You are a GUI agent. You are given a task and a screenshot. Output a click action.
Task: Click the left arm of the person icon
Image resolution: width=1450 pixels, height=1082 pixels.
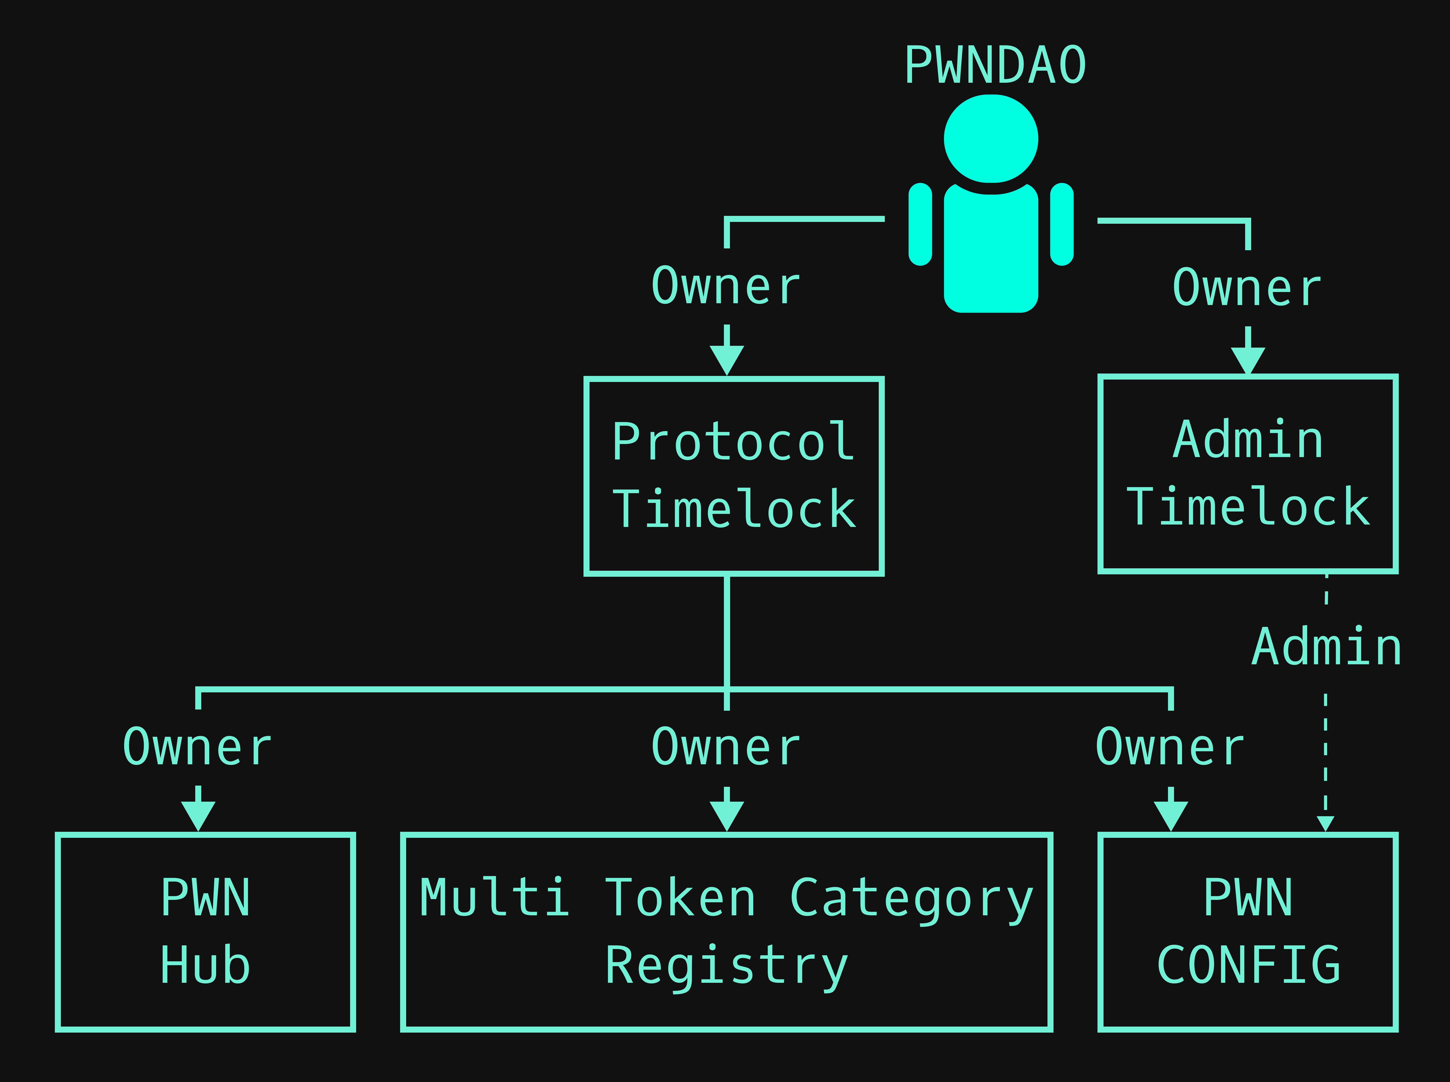(920, 224)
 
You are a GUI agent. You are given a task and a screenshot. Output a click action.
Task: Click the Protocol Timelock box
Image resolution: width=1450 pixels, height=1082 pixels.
(734, 476)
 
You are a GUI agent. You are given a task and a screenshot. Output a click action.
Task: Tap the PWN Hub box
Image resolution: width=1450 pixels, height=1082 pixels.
(205, 932)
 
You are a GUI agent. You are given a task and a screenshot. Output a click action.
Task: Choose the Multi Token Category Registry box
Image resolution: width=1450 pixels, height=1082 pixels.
(726, 932)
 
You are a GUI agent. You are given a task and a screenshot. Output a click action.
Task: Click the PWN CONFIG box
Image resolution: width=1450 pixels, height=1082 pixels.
(1248, 932)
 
